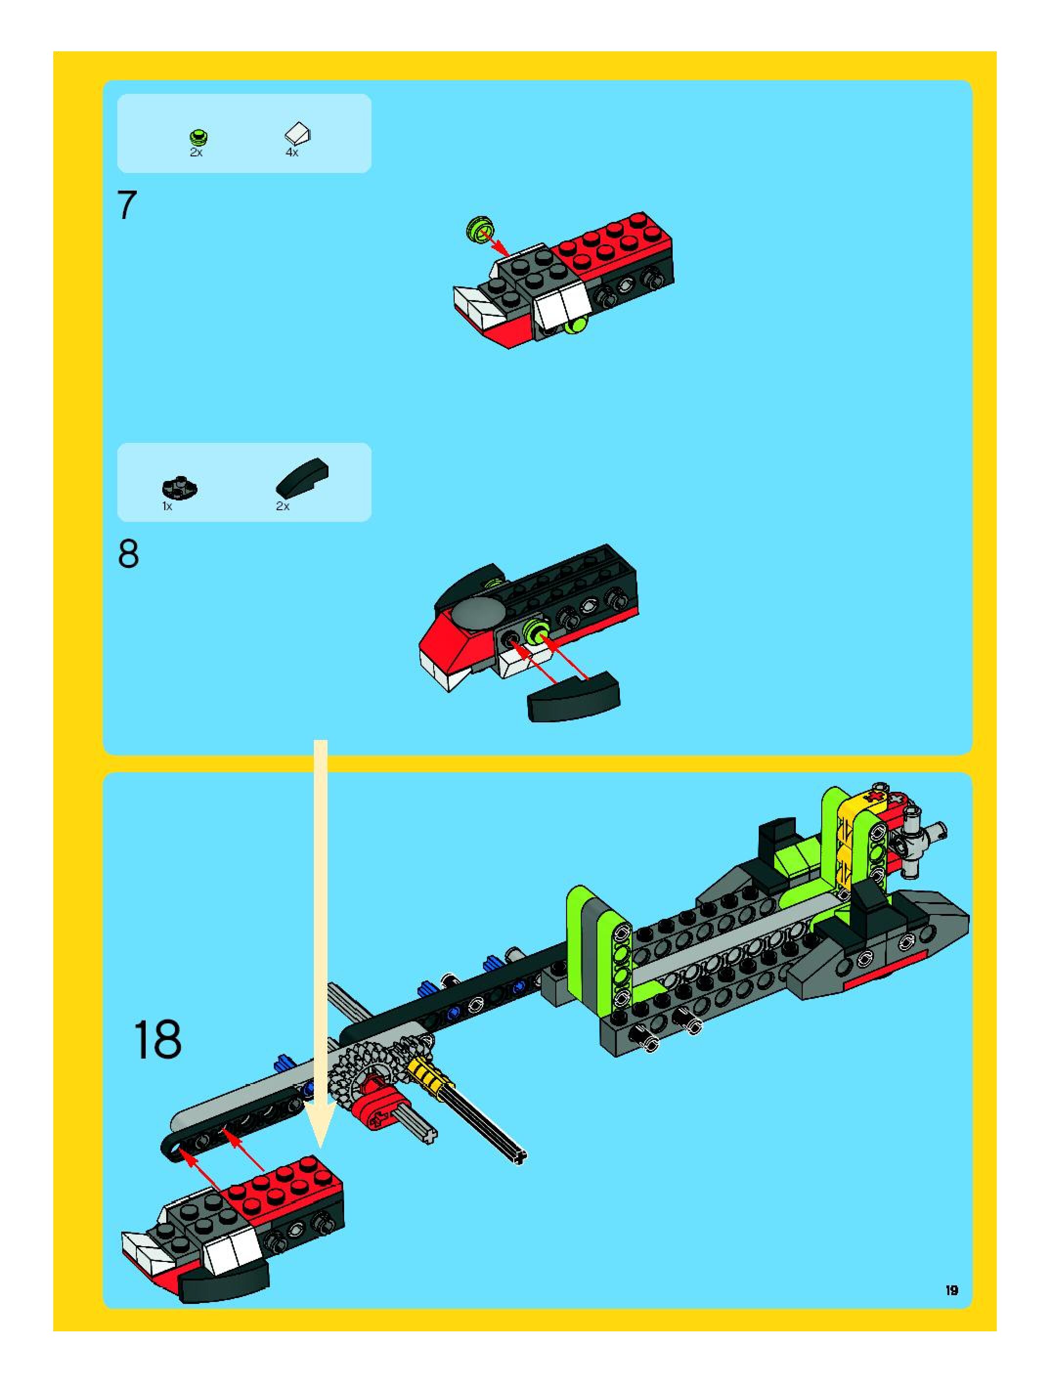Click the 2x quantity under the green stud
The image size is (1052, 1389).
(x=196, y=152)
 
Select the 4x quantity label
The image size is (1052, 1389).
(x=292, y=152)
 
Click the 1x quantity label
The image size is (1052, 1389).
(x=167, y=506)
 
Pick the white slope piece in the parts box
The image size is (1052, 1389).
(x=298, y=134)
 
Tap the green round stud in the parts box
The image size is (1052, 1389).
(x=198, y=136)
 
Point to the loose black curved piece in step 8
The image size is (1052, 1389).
(x=573, y=696)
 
